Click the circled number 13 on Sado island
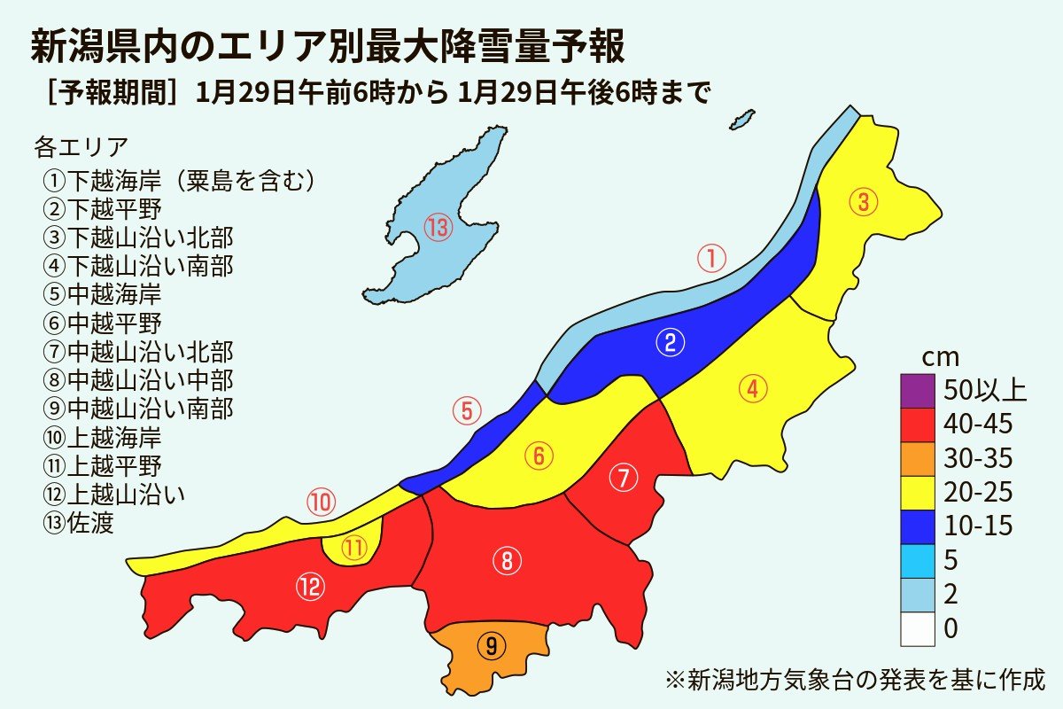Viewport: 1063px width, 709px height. (x=438, y=229)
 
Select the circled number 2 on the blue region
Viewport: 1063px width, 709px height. (x=671, y=343)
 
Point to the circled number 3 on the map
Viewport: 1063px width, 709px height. (x=864, y=202)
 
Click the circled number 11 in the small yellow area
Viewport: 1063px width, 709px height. (x=354, y=549)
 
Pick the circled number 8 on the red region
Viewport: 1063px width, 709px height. (x=507, y=560)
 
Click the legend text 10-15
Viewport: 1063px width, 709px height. (x=979, y=526)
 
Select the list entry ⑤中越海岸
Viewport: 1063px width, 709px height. (x=101, y=292)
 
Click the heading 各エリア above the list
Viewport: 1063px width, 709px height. (x=81, y=145)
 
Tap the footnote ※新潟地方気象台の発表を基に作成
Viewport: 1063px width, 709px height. (x=855, y=681)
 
